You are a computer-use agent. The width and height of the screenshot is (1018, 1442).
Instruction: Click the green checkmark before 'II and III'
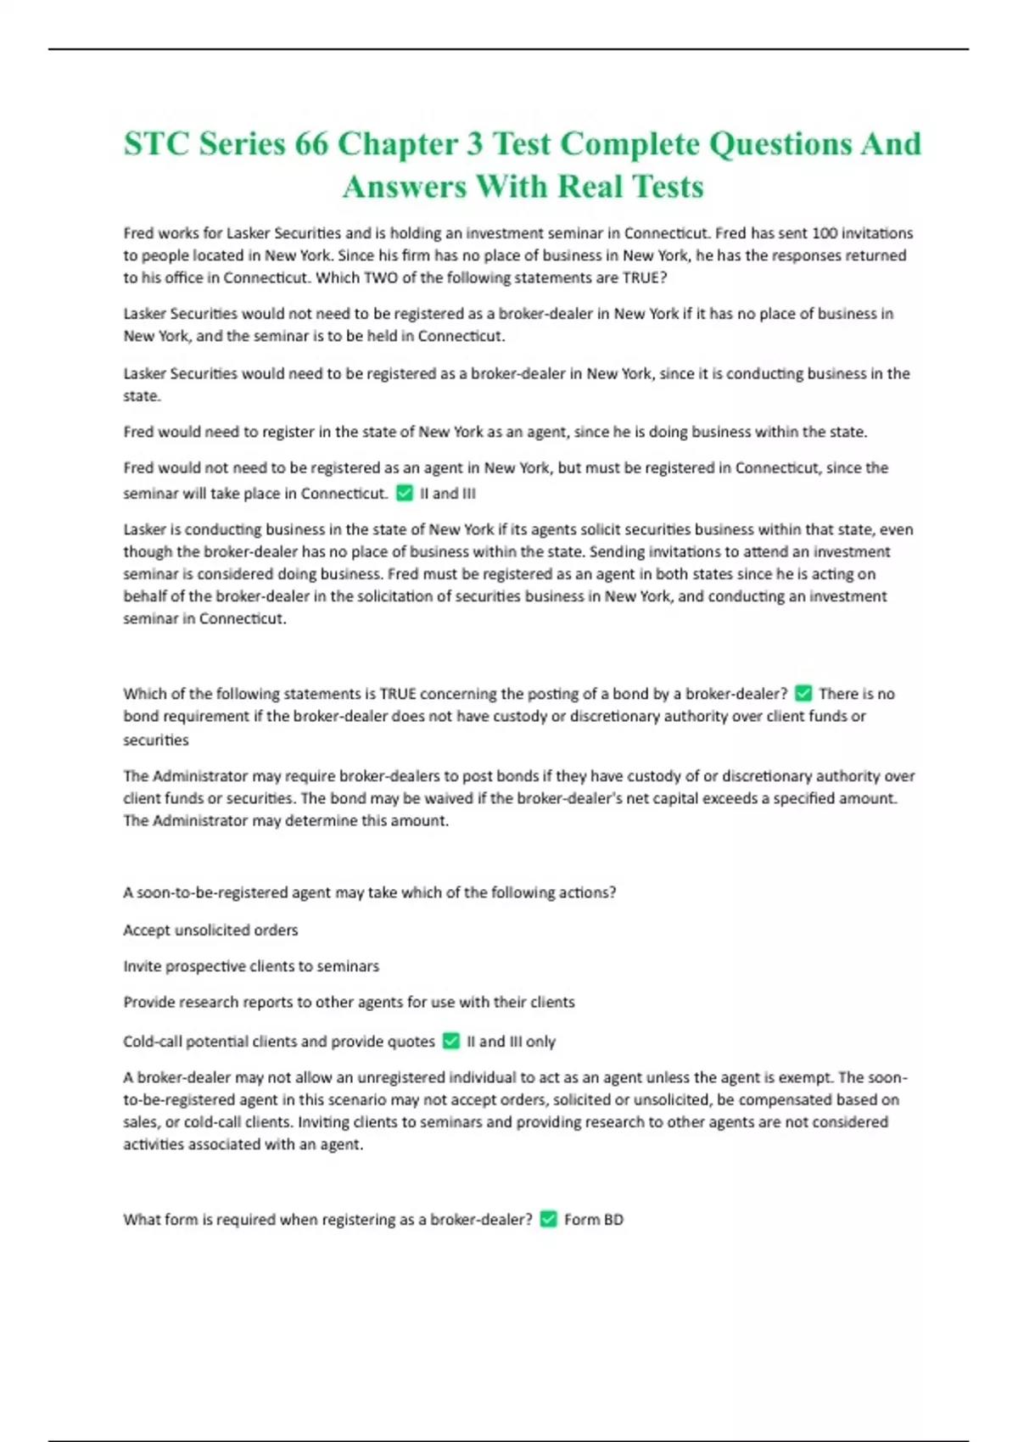click(405, 493)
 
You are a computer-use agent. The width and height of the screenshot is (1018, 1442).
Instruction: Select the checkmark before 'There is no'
click(803, 693)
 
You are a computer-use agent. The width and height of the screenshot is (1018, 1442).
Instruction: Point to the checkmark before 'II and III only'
click(451, 1041)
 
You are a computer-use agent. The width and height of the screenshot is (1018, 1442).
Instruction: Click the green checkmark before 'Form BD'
click(549, 1219)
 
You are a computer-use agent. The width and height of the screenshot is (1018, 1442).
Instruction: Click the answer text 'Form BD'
click(594, 1220)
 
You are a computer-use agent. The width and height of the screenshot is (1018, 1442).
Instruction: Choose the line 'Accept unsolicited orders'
click(210, 930)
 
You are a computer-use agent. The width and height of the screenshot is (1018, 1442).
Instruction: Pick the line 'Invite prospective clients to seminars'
click(251, 966)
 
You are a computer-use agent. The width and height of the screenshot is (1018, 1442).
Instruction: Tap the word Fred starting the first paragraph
click(138, 233)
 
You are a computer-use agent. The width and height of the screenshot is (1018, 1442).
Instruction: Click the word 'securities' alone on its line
click(156, 740)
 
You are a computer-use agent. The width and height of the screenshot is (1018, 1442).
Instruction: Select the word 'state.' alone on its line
click(142, 396)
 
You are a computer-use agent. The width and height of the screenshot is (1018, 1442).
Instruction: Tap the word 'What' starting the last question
click(141, 1220)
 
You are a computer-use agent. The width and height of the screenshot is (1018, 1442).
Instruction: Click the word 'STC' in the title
click(157, 144)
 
